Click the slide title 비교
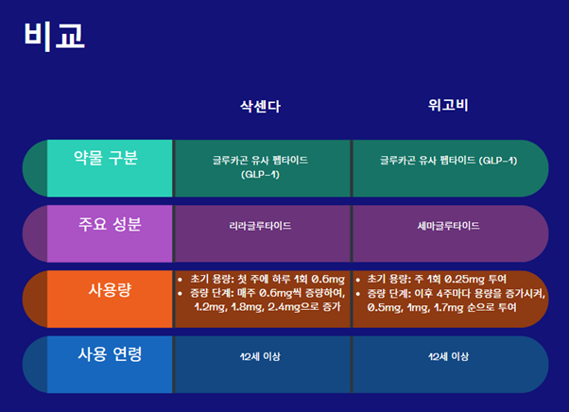[x=54, y=35]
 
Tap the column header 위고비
[x=448, y=106]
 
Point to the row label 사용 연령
[x=110, y=355]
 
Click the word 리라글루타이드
[x=260, y=227]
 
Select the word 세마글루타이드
[x=448, y=227]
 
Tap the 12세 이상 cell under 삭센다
[x=261, y=357]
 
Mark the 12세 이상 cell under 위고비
[x=448, y=357]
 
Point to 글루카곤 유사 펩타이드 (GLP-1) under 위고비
[x=448, y=161]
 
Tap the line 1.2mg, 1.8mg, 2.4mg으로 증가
[x=267, y=307]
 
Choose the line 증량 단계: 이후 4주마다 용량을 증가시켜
[x=457, y=293]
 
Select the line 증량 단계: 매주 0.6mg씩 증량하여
[x=265, y=293]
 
